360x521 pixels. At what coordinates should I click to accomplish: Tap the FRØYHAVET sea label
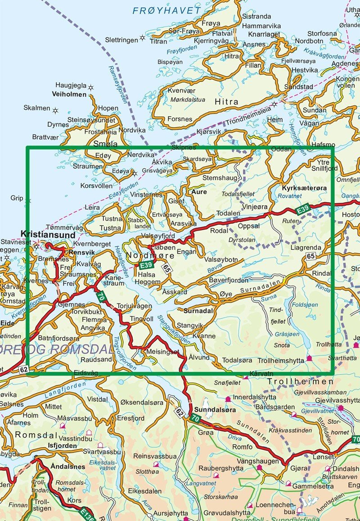(x=167, y=10)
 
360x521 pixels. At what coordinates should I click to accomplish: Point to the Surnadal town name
(x=198, y=310)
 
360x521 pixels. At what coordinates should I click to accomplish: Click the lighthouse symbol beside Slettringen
(x=143, y=38)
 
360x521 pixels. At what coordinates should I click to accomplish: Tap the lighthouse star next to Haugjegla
(x=90, y=87)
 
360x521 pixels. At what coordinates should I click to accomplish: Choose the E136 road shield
(x=87, y=513)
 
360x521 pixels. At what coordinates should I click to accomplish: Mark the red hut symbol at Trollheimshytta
(x=309, y=359)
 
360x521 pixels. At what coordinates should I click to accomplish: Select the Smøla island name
(x=104, y=144)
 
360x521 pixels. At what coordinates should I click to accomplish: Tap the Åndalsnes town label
(x=68, y=467)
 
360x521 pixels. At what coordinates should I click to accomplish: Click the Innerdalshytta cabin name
(x=254, y=397)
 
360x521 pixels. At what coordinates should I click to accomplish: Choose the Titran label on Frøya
(x=158, y=41)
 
